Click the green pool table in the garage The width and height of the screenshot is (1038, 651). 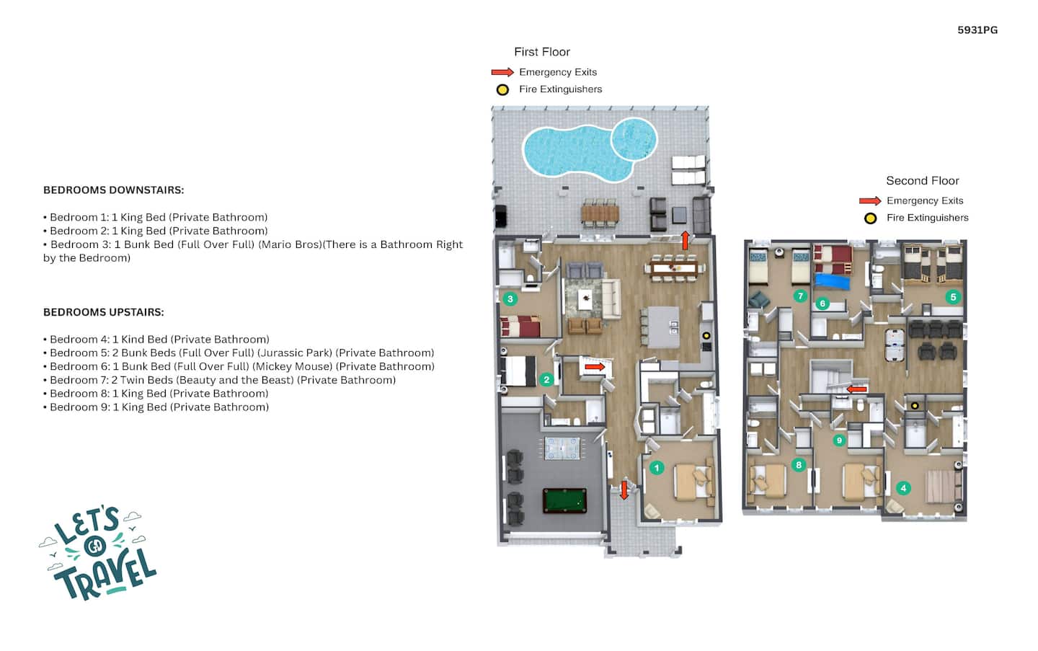tap(564, 500)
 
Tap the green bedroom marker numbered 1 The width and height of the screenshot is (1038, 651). tap(656, 468)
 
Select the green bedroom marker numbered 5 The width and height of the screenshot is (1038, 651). tap(953, 297)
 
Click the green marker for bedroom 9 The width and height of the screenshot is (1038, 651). tap(839, 440)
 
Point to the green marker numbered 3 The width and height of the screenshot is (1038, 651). tap(510, 299)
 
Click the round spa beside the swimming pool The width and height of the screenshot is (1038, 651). tap(634, 139)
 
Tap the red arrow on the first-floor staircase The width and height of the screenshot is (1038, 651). tap(595, 367)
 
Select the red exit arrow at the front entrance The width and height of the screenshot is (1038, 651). tap(624, 490)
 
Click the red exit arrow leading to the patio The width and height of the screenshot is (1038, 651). tap(685, 240)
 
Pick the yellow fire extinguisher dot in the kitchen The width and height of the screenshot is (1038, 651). tap(706, 335)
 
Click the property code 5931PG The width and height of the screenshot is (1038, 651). tap(977, 30)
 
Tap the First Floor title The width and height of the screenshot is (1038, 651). tap(542, 52)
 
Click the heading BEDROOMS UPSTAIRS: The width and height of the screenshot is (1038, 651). tap(103, 312)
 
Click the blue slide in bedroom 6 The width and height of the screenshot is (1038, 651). tap(833, 280)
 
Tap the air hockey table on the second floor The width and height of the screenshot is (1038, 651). tap(894, 345)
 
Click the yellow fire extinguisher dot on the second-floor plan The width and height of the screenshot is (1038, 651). tap(914, 406)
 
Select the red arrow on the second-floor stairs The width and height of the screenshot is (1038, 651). tap(857, 389)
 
